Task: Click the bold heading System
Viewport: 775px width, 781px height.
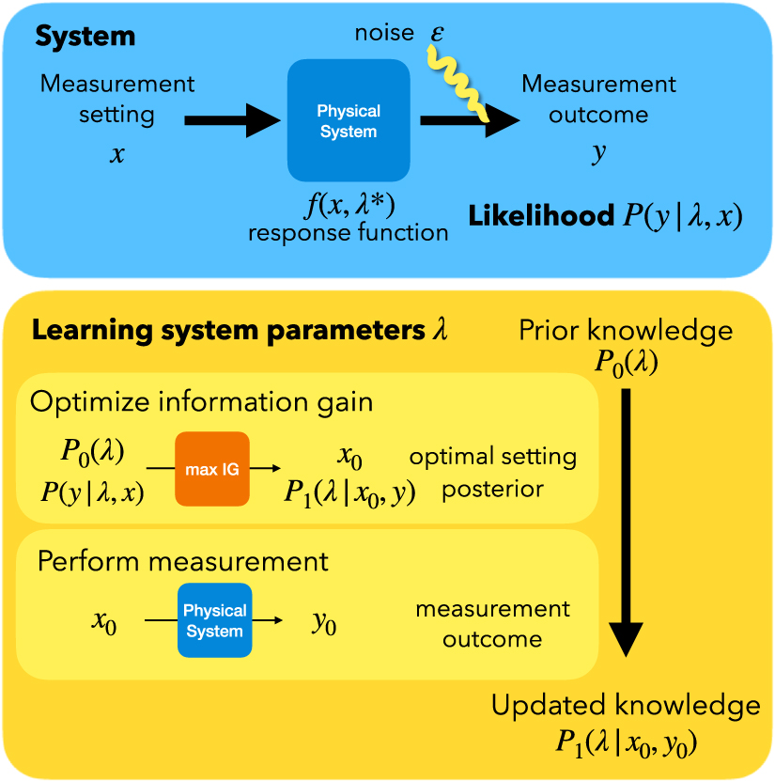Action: click(85, 37)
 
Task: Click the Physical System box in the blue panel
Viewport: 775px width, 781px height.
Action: click(349, 120)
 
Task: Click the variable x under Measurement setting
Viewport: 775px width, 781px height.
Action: click(116, 154)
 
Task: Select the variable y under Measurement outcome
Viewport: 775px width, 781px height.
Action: click(598, 154)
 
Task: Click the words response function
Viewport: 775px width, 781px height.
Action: click(348, 232)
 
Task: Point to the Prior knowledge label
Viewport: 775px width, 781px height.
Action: click(626, 331)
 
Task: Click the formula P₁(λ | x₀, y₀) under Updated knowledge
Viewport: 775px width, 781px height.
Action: click(626, 742)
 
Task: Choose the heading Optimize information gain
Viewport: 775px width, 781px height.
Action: click(202, 402)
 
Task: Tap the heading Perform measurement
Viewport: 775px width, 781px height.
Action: click(183, 561)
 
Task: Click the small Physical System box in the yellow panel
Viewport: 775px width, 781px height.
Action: click(214, 621)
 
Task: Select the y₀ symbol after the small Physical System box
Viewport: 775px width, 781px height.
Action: click(324, 623)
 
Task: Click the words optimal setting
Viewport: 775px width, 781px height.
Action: click(492, 458)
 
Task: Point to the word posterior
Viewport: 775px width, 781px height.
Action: click(492, 490)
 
